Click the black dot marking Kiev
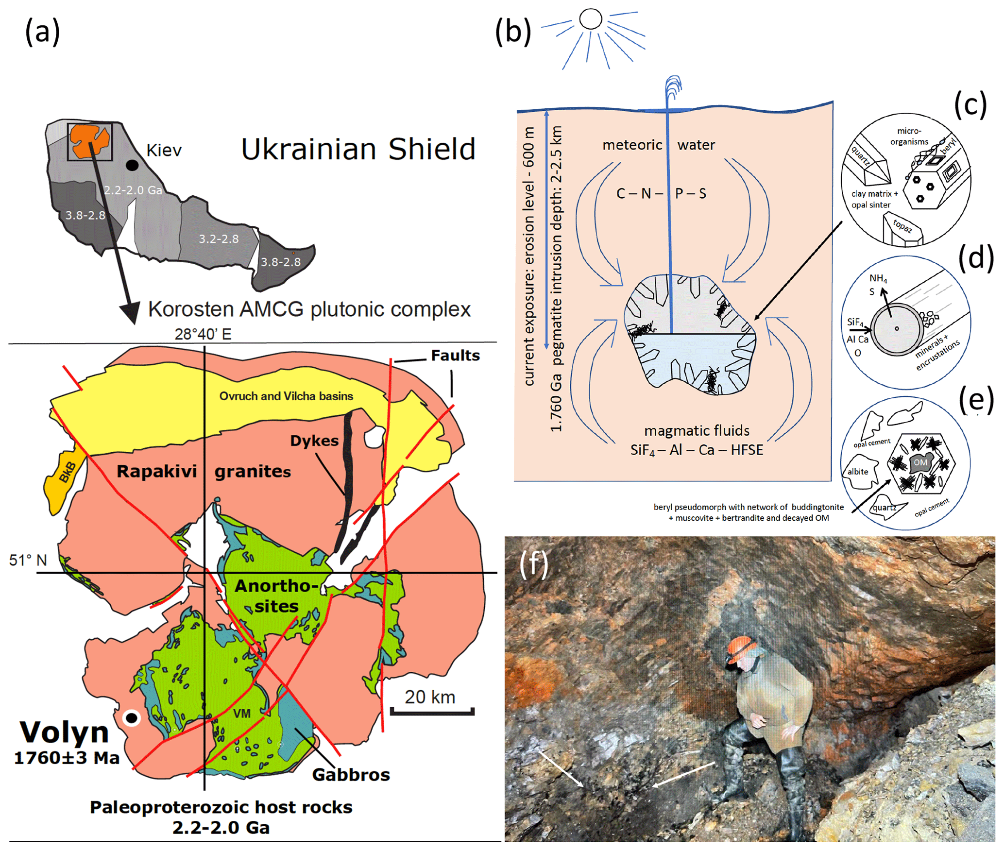tap(132, 165)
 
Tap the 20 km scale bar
tap(432, 712)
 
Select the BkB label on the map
tap(68, 472)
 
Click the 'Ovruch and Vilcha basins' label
tap(286, 396)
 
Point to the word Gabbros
tap(351, 775)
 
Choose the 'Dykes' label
tap(314, 441)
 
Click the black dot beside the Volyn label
tap(131, 717)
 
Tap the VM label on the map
tap(242, 714)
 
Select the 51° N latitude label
tap(28, 560)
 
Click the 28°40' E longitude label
tap(203, 334)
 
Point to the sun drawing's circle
tap(591, 19)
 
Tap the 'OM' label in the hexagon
tap(920, 462)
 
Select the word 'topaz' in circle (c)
tap(902, 226)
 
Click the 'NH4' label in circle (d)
tap(878, 278)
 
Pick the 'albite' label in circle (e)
tap(858, 472)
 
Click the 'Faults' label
tap(455, 356)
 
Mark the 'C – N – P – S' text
tap(661, 194)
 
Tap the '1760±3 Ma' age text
tap(67, 758)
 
